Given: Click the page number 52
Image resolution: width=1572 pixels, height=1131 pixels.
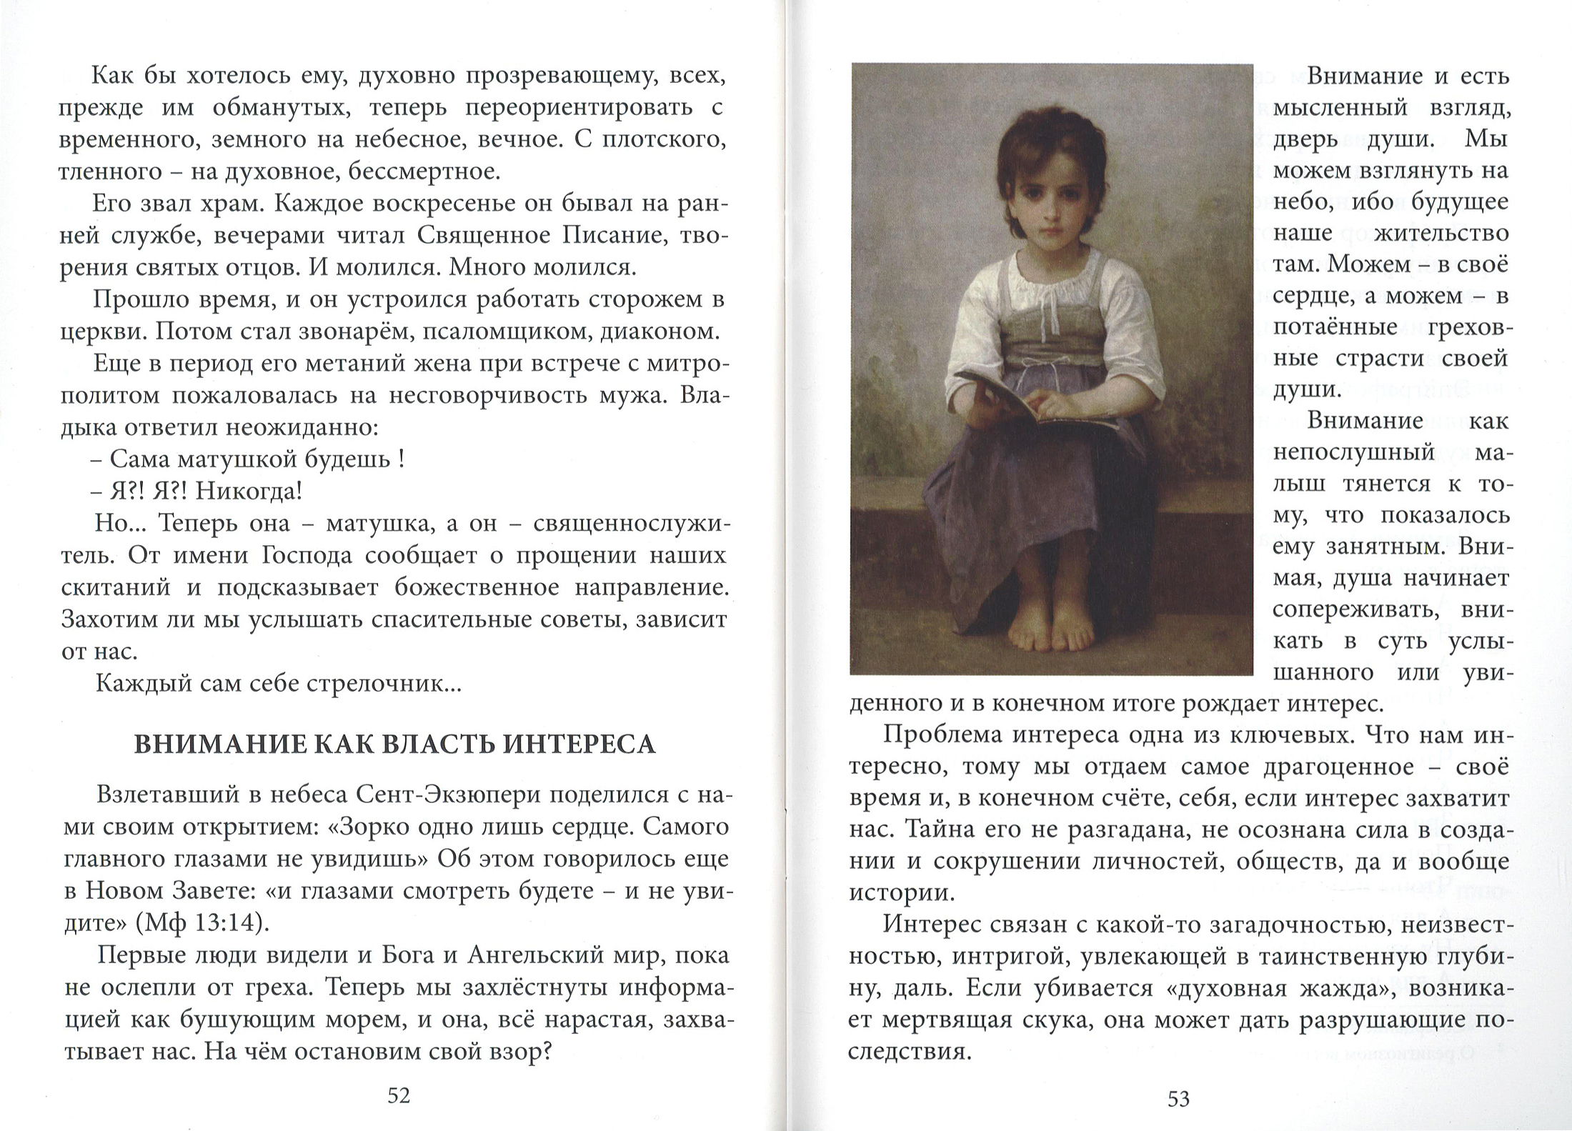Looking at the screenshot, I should [399, 1095].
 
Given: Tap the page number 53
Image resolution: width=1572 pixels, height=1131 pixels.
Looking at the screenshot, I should [1178, 1098].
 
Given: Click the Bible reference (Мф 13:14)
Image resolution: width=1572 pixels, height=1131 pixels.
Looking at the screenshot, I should [202, 923].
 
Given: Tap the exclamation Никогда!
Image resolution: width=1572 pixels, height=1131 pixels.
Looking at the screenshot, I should [249, 491].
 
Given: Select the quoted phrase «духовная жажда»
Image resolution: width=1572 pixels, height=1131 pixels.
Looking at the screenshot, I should [1187, 988].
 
